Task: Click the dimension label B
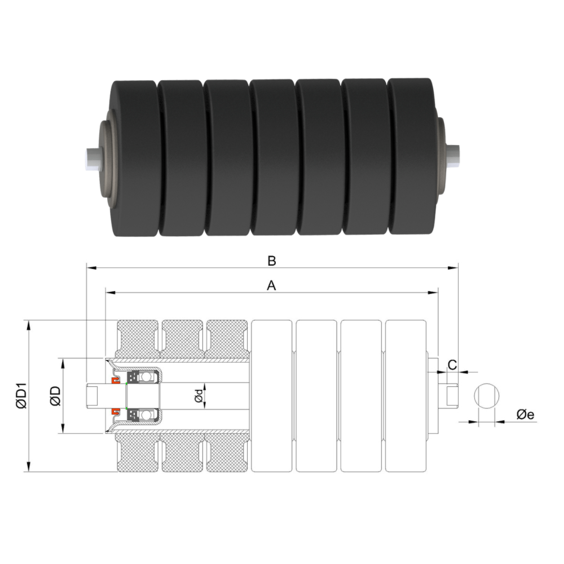click(272, 261)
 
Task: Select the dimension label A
click(271, 287)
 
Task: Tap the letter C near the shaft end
click(452, 364)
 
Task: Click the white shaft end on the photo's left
click(90, 156)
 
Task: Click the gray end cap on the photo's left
click(105, 158)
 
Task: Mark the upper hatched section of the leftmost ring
click(138, 338)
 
